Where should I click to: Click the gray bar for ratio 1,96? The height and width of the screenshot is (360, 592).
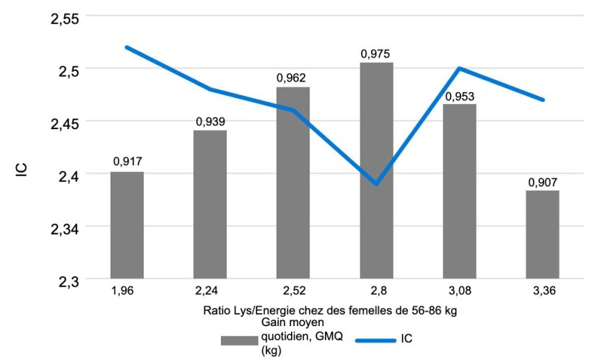(x=127, y=224)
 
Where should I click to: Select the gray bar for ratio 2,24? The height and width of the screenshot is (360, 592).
(x=210, y=204)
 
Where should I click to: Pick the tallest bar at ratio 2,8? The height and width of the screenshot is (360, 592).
(x=376, y=170)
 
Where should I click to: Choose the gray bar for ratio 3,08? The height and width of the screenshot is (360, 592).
(x=459, y=191)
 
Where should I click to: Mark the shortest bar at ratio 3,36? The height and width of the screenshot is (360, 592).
(x=542, y=234)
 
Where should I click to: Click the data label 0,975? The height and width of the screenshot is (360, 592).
(x=376, y=53)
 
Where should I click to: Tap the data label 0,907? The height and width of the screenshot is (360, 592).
(x=542, y=182)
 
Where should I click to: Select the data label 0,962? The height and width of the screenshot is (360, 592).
(x=293, y=78)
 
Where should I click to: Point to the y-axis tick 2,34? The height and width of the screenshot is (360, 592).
(x=66, y=227)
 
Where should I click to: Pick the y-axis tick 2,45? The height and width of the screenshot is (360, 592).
(x=66, y=122)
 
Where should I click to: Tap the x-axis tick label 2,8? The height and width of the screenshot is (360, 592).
(x=376, y=291)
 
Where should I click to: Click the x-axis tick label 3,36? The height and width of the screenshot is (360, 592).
(x=542, y=291)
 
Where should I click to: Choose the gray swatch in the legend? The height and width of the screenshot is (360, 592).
(x=239, y=339)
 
